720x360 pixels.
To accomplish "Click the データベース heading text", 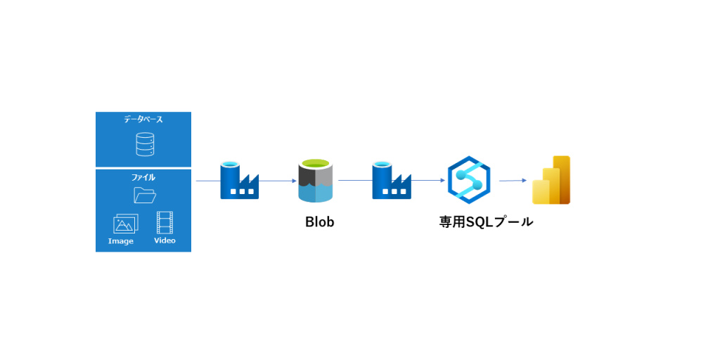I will pyautogui.click(x=143, y=120).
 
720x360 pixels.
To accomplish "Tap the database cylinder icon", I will pyautogui.click(x=144, y=144).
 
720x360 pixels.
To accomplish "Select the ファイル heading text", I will pyautogui.click(x=144, y=177).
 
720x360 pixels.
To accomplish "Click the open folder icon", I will pyautogui.click(x=145, y=195).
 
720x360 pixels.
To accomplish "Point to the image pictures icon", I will pyautogui.click(x=125, y=224).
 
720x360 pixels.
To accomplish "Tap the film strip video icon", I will pyautogui.click(x=165, y=222).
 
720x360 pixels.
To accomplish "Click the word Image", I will pyautogui.click(x=121, y=241).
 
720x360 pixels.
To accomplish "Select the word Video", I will pyautogui.click(x=165, y=240).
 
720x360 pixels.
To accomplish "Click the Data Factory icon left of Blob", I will pyautogui.click(x=239, y=181).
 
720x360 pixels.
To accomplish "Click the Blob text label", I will pyautogui.click(x=319, y=222).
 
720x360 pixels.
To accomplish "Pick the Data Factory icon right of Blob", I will pyautogui.click(x=391, y=181).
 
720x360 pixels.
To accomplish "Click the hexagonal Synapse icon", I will pyautogui.click(x=469, y=180).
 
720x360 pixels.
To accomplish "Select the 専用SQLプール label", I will pyautogui.click(x=486, y=222).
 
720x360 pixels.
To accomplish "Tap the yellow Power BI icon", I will pyautogui.click(x=551, y=180).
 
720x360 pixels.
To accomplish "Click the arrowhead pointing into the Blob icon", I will pyautogui.click(x=294, y=181).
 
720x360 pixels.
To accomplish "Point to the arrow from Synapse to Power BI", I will pyautogui.click(x=513, y=181).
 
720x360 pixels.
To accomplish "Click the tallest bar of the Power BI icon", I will pyautogui.click(x=562, y=179).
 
